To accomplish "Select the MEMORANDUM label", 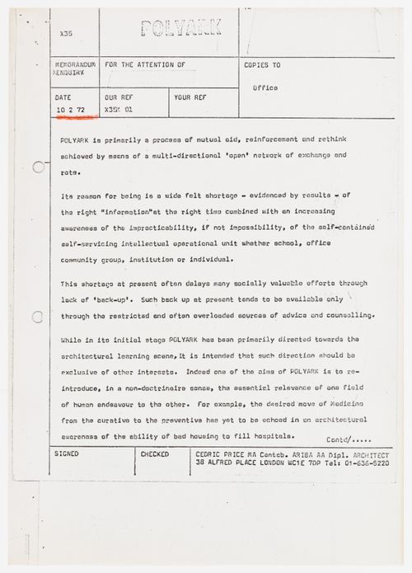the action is [73, 63].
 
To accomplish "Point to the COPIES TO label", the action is [263, 63].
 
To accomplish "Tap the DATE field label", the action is [64, 96].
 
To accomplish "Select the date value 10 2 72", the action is [71, 109].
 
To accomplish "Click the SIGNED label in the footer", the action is [66, 453].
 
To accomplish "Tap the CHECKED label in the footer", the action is [155, 453].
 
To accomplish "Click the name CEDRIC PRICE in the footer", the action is [217, 453].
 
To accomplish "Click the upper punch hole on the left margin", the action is [38, 167].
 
